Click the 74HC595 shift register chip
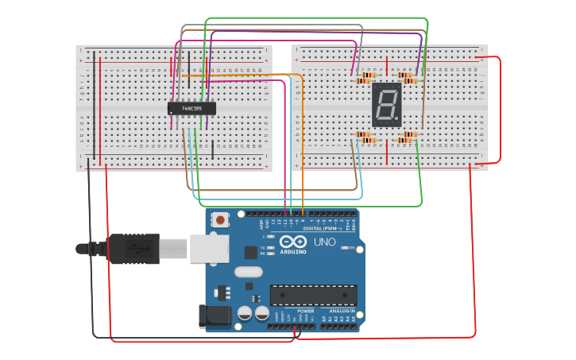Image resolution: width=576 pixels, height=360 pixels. coord(191,107)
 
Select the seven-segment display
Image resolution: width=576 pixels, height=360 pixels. coord(387,105)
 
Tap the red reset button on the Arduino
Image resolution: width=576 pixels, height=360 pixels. coord(220,219)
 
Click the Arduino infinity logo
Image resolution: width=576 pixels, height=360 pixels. coord(292,242)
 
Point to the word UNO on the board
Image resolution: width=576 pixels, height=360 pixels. coord(324,242)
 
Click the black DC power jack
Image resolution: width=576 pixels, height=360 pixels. coord(215,315)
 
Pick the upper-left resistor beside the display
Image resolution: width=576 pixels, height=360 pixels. coord(365,77)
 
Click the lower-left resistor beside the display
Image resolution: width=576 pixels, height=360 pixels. coord(365,137)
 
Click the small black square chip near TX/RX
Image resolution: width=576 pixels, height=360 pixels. coord(251,253)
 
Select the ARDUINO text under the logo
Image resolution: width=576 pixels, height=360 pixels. coord(292,252)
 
